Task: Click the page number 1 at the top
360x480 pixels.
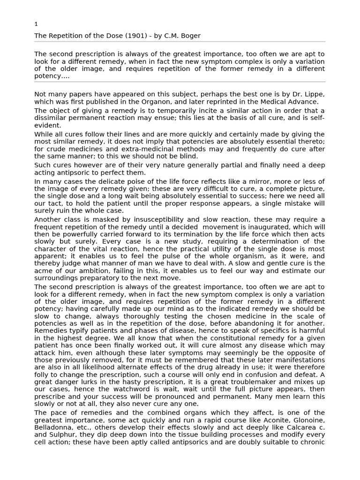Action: coord(36,24)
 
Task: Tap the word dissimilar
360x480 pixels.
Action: coord(52,118)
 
